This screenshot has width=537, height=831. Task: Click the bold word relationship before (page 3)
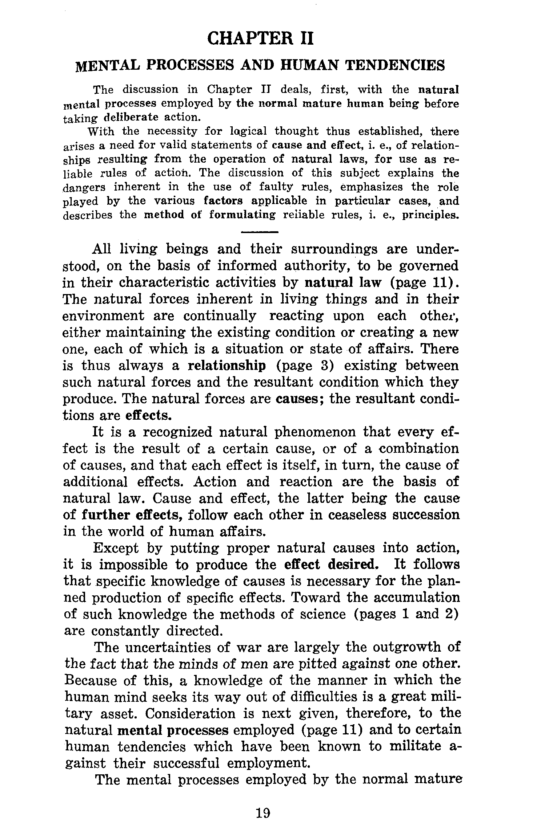[x=227, y=366]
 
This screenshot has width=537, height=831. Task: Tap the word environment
[x=104, y=316]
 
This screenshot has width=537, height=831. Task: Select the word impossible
[x=132, y=565]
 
